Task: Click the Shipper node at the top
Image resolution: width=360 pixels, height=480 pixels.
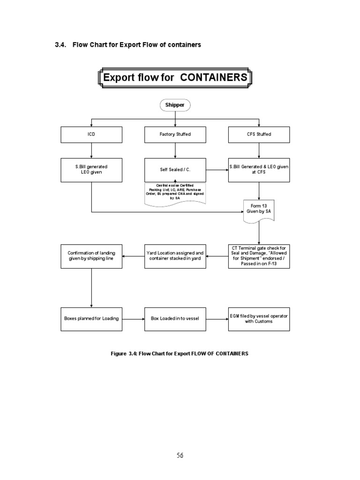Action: pyautogui.click(x=175, y=105)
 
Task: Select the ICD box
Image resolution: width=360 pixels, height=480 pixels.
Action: pyautogui.click(x=91, y=135)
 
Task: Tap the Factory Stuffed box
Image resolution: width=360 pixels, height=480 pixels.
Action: pyautogui.click(x=175, y=135)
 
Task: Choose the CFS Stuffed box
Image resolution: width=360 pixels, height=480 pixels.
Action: pyautogui.click(x=259, y=135)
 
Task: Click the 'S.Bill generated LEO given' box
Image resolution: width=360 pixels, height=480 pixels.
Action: pyautogui.click(x=91, y=169)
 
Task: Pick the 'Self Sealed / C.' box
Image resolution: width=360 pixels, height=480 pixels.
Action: pyautogui.click(x=175, y=169)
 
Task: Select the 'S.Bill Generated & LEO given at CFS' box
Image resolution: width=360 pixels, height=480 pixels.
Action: pyautogui.click(x=259, y=169)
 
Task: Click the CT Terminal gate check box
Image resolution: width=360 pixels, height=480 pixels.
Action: pyautogui.click(x=259, y=256)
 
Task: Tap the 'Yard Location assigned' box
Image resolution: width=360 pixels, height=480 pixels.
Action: pyautogui.click(x=175, y=256)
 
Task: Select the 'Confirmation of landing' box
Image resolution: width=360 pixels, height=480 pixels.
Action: pyautogui.click(x=91, y=256)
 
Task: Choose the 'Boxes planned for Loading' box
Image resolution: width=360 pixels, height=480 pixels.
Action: pyautogui.click(x=91, y=319)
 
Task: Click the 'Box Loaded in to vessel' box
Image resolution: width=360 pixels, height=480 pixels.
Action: pyautogui.click(x=175, y=319)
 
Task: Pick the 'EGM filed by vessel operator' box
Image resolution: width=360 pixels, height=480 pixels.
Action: pyautogui.click(x=259, y=319)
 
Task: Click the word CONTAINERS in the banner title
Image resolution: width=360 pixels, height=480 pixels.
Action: pyautogui.click(x=213, y=77)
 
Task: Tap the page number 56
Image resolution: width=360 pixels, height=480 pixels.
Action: pyautogui.click(x=180, y=455)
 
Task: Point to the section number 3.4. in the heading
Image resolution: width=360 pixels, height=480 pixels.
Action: pyautogui.click(x=61, y=45)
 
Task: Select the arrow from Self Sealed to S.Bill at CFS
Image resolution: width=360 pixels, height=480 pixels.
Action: pyautogui.click(x=217, y=169)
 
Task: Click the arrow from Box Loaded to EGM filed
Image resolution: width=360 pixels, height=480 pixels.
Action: pyautogui.click(x=217, y=319)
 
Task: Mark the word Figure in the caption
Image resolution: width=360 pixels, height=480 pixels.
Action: pyautogui.click(x=119, y=353)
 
